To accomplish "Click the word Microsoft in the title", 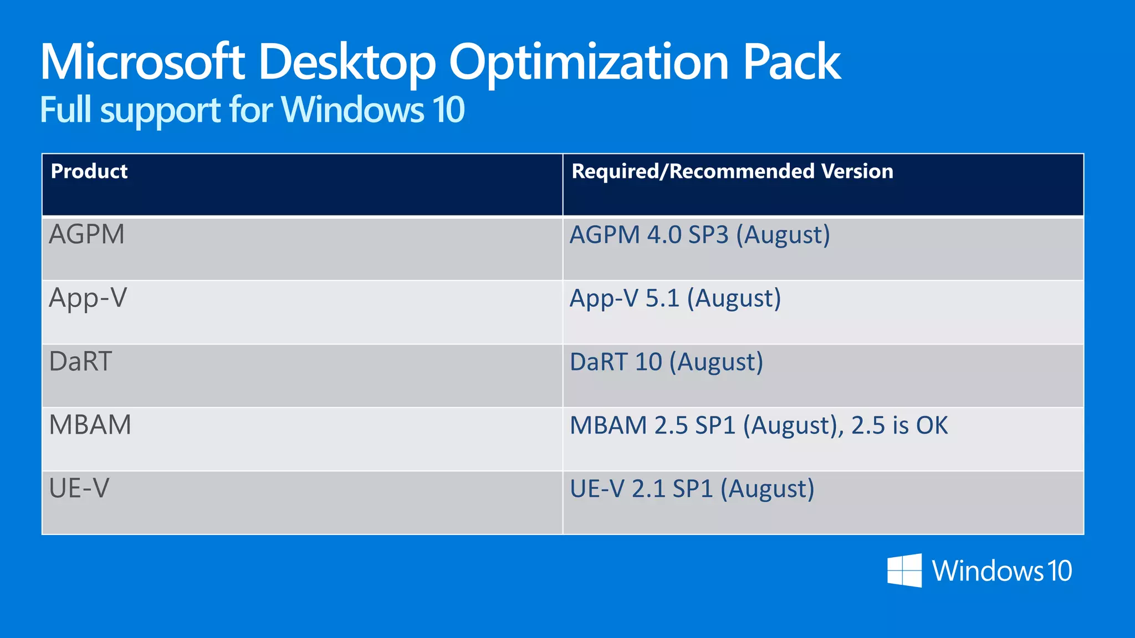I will [142, 62].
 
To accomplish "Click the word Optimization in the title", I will [589, 63].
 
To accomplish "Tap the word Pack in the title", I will [792, 62].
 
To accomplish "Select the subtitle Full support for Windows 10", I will [252, 110].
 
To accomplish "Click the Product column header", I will [89, 171].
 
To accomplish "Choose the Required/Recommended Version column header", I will [732, 171].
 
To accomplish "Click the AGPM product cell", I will [87, 234].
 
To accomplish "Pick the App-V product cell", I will [88, 298].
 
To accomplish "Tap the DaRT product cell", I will [81, 362].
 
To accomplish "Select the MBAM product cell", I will [90, 425].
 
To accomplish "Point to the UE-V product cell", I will [79, 488].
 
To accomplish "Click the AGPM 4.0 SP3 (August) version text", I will [700, 235].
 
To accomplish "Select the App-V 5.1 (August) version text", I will [676, 299].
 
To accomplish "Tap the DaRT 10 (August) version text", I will [667, 362].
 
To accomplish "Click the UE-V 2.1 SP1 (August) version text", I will [692, 489].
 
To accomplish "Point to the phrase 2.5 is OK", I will [899, 425].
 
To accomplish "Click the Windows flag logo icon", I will [904, 570].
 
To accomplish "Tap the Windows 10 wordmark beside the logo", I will [1002, 571].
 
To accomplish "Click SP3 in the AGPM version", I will [708, 235].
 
